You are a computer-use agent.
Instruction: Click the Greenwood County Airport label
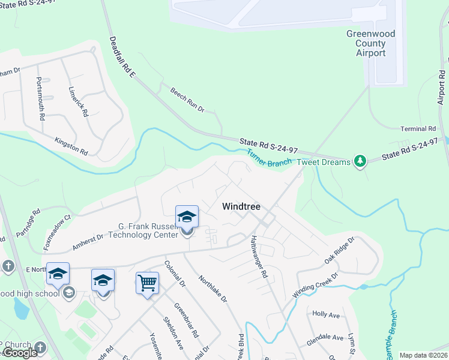tap(371, 43)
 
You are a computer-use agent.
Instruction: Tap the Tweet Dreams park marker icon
tap(360, 161)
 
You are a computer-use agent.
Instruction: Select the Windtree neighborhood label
tap(241, 206)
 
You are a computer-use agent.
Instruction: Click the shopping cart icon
tap(147, 283)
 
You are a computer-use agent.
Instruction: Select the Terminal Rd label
tap(418, 129)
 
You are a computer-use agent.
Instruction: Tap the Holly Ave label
tap(327, 314)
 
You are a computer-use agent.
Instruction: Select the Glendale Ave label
tap(325, 338)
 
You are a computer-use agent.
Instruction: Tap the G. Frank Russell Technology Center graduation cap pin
tap(187, 217)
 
